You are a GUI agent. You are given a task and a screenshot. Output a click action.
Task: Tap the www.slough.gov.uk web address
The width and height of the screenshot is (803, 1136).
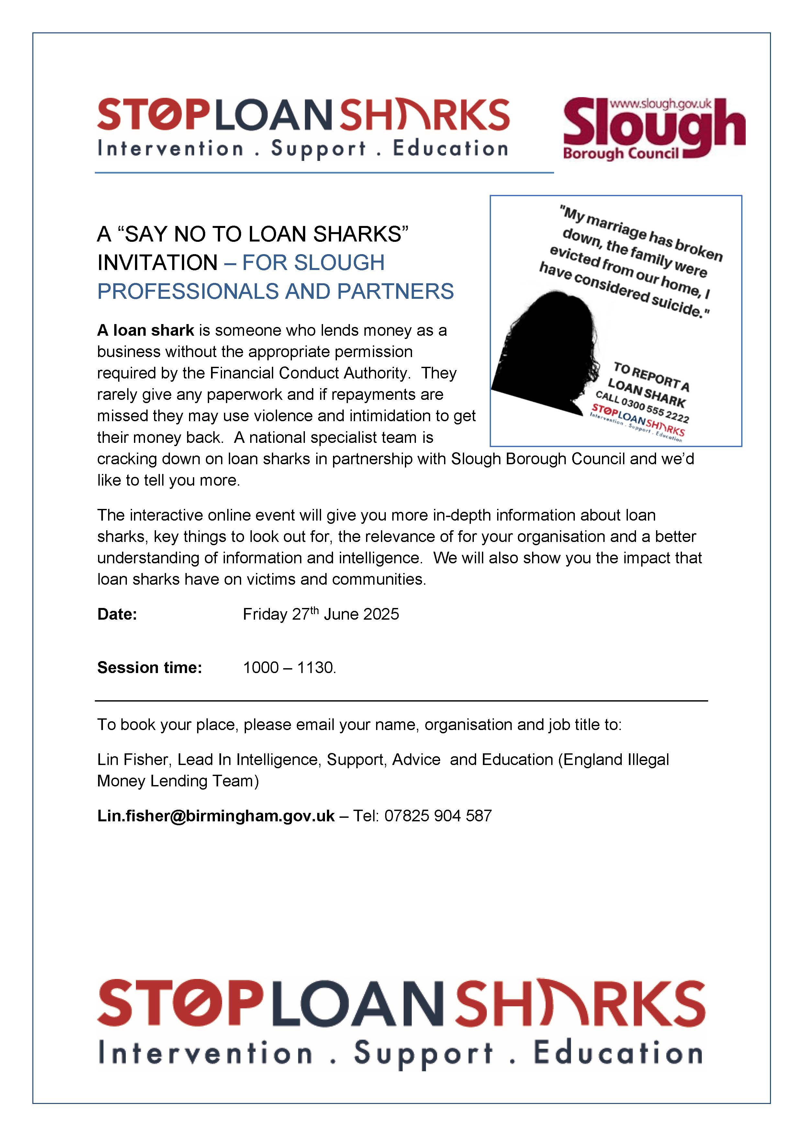(x=661, y=104)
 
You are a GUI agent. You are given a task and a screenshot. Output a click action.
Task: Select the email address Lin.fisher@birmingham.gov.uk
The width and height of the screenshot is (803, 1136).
(x=216, y=815)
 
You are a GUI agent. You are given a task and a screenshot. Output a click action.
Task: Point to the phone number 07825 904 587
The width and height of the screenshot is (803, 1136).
(x=438, y=815)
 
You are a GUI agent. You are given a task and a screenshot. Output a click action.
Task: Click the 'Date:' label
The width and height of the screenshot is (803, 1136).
(x=117, y=614)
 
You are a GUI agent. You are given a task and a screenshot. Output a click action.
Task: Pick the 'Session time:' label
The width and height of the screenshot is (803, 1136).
(x=150, y=668)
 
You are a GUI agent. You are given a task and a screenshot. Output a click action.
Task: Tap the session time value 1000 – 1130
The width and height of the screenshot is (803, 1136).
(x=289, y=668)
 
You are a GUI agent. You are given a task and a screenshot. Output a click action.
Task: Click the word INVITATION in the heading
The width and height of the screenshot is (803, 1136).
(x=157, y=263)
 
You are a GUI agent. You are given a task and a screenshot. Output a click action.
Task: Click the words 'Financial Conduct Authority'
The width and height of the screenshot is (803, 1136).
(x=310, y=373)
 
